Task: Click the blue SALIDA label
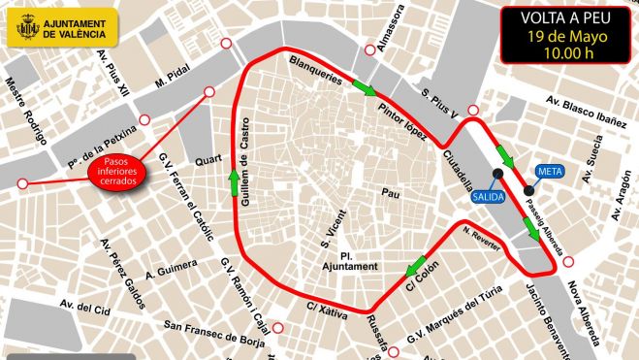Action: click(x=487, y=196)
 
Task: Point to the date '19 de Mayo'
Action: click(x=567, y=38)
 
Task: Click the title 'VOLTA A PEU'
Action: click(x=567, y=18)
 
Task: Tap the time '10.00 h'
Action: click(x=567, y=55)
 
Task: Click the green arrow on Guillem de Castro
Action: click(x=234, y=180)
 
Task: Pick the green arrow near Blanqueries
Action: click(x=363, y=88)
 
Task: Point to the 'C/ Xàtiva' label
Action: click(x=327, y=311)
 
